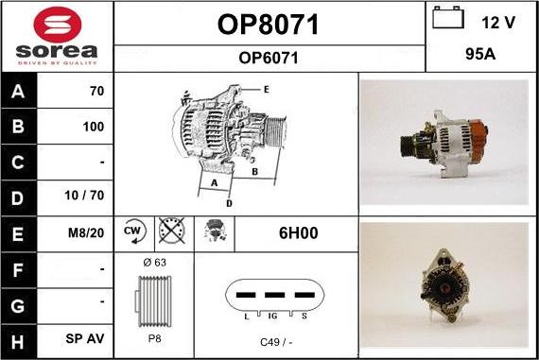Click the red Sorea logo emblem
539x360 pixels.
coord(58,25)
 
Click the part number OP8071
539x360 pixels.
coord(269,25)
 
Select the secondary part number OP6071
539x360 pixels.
coord(269,58)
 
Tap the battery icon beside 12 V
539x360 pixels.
coord(448,17)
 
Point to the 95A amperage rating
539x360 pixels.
coord(480,54)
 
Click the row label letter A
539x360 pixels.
coord(18,92)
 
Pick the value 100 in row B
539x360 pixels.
coord(94,127)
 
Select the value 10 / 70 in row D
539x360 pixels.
coord(84,195)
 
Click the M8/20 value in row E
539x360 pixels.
coord(86,233)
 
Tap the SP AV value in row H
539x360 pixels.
coord(84,338)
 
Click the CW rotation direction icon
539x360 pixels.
coord(134,231)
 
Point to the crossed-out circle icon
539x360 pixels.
coord(171,231)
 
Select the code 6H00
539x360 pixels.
coord(299,232)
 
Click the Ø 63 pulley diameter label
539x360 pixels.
coord(154,263)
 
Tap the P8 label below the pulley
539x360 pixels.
coord(154,338)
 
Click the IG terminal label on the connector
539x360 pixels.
coord(272,316)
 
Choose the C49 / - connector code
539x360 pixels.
coord(276,342)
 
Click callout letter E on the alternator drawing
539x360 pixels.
coord(266,90)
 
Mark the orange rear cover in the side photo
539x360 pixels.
coord(478,137)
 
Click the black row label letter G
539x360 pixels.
coord(18,306)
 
